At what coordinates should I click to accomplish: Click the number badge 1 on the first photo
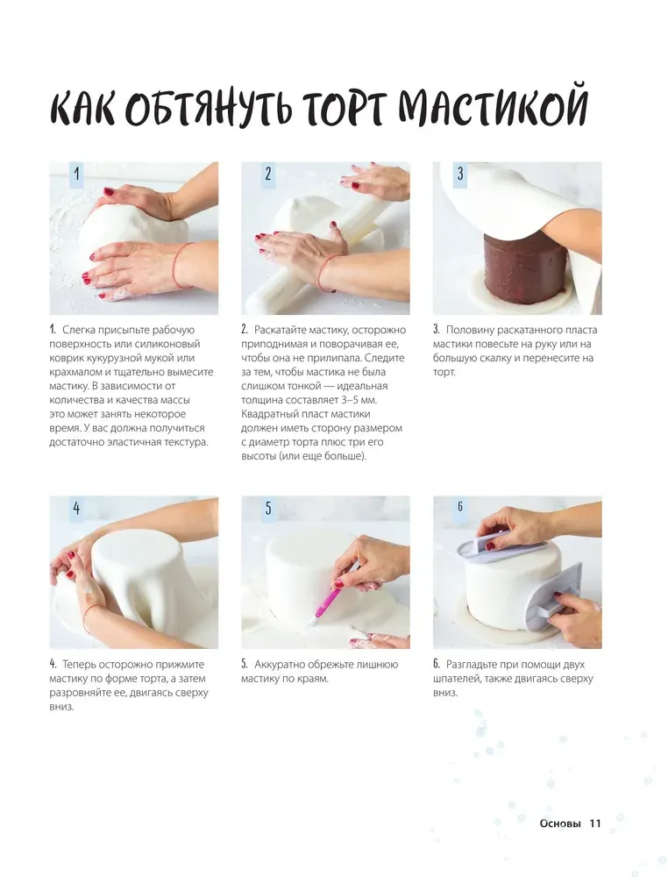coord(76,174)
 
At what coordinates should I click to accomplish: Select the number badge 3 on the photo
coord(460,174)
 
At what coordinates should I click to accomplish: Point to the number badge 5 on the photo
coord(268,508)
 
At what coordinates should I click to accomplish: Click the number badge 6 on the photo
coord(460,507)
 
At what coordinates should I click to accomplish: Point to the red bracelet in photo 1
coord(180,265)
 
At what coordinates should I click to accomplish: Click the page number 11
coord(594,824)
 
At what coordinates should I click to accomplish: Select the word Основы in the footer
coord(560,824)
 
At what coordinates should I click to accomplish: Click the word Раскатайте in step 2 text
coord(281,330)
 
